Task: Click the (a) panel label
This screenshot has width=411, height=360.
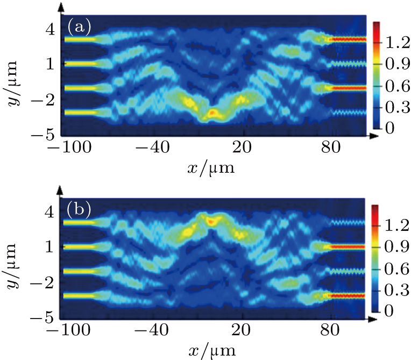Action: coord(79,27)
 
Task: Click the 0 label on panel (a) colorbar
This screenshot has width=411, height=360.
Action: coord(389,128)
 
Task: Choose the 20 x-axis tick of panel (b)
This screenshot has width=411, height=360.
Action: coord(243,329)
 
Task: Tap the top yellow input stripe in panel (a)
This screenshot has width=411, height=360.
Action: coord(79,39)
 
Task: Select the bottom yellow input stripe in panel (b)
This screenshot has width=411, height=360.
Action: coord(79,295)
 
